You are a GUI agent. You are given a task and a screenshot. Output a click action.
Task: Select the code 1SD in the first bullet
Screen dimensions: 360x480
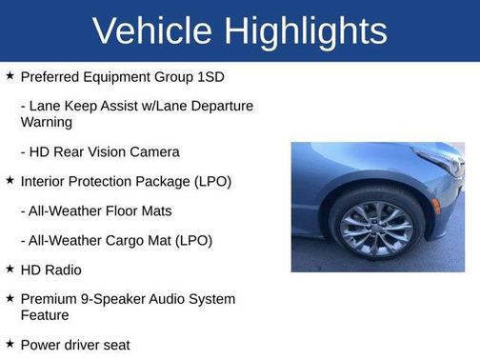(210, 76)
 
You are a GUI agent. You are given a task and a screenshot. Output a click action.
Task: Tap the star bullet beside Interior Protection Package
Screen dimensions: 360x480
(10, 180)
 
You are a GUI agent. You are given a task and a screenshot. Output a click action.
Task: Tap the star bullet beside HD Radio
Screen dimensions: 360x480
(10, 270)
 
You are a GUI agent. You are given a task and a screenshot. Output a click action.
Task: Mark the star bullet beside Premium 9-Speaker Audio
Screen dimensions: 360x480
(10, 299)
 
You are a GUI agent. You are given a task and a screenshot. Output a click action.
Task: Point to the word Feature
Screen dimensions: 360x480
(46, 314)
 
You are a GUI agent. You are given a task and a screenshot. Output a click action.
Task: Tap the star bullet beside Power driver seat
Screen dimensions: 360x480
(10, 344)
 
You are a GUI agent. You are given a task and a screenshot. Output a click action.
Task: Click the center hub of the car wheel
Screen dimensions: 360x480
(377, 229)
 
